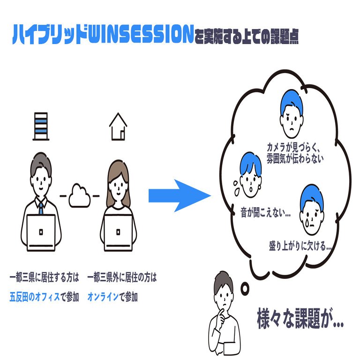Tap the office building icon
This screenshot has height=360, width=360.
click(41, 126)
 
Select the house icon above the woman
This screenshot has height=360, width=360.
click(118, 127)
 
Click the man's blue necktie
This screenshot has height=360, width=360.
click(41, 207)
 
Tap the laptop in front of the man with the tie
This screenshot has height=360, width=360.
click(41, 232)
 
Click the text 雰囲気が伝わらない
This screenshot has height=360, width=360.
click(295, 158)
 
